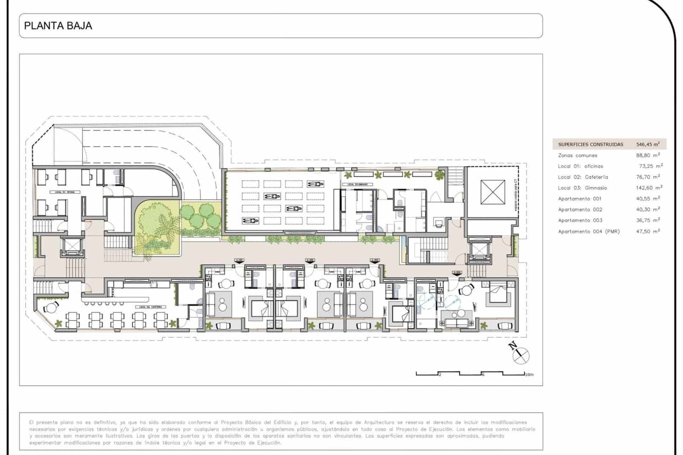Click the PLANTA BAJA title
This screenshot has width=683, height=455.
58,26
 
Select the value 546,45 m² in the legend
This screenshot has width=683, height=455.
648,144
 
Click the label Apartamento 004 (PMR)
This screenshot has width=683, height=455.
589,231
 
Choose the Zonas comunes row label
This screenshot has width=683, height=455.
578,155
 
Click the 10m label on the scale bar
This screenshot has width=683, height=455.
529,375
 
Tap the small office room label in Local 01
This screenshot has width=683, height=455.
65,192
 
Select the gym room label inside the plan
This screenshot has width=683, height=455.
357,184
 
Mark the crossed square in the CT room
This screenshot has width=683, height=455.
492,192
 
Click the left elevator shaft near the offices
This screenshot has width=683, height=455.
70,247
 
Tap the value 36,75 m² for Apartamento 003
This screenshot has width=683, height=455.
648,220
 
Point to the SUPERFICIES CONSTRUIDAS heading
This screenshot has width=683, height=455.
590,144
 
